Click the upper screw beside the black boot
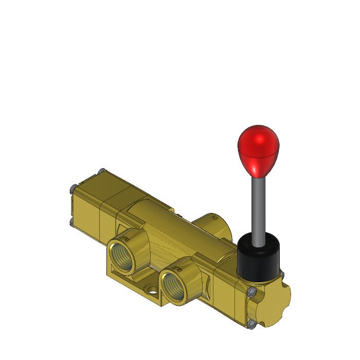coord(282,275)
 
